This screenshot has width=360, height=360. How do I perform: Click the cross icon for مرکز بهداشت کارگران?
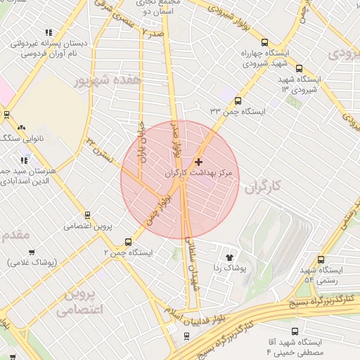(x=198, y=162)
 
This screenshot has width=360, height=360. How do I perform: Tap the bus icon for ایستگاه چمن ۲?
(x=128, y=240)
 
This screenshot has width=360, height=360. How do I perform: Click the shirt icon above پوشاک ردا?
(x=229, y=257)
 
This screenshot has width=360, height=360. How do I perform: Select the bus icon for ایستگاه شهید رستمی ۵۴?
(x=321, y=259)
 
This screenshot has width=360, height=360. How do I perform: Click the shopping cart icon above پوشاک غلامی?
(x=32, y=252)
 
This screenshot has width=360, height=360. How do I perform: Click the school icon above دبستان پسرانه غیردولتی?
(x=49, y=32)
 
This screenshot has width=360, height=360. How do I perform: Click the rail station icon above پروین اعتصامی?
(x=87, y=215)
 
